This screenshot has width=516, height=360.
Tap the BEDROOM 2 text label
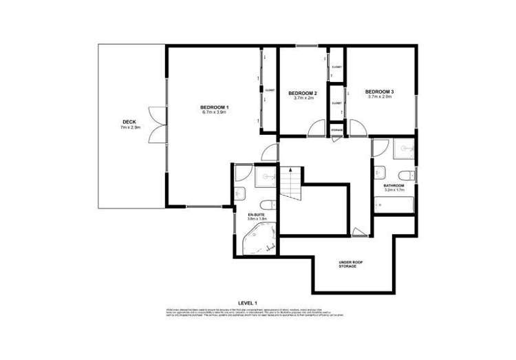302,93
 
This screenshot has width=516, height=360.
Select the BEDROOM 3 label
379,92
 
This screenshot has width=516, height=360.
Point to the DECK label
130,122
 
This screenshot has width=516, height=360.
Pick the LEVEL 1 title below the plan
247,303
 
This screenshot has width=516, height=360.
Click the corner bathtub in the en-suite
262,239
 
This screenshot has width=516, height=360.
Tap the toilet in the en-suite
268,203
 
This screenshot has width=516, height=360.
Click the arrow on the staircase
291,170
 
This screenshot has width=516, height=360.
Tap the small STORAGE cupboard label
336,129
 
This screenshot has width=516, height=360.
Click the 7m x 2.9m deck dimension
130,127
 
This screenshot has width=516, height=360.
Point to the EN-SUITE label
256,215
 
